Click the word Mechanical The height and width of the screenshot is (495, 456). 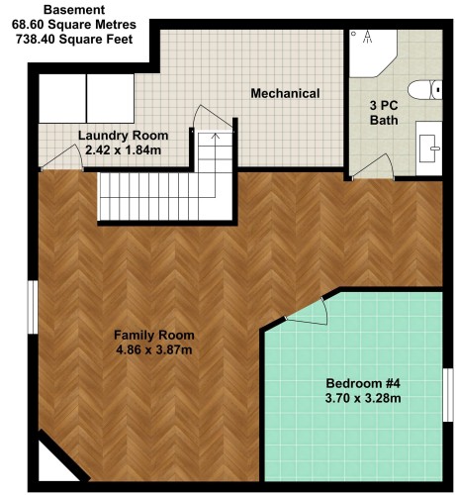(x=285, y=93)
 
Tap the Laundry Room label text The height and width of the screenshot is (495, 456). (x=123, y=136)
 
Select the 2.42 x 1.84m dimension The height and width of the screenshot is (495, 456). (x=123, y=150)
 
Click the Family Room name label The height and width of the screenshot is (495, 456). (x=154, y=335)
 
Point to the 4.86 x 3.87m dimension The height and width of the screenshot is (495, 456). (x=154, y=349)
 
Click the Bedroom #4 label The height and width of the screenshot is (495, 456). (x=363, y=383)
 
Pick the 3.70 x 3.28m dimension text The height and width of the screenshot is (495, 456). (x=363, y=398)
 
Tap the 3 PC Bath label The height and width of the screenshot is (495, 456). (x=384, y=113)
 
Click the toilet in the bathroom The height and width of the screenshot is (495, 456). (x=424, y=90)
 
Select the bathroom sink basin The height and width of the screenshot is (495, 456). (x=428, y=148)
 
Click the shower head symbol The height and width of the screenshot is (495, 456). (x=368, y=37)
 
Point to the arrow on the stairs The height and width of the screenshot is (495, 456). (x=216, y=165)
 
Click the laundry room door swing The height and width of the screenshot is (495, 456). (x=62, y=157)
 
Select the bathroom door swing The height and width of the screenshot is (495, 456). (x=373, y=167)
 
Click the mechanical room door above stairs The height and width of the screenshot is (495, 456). (x=213, y=118)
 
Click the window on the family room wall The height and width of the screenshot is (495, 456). (x=33, y=307)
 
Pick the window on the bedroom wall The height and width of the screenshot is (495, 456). (x=448, y=395)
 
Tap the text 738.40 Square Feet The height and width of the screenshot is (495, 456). (x=74, y=40)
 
